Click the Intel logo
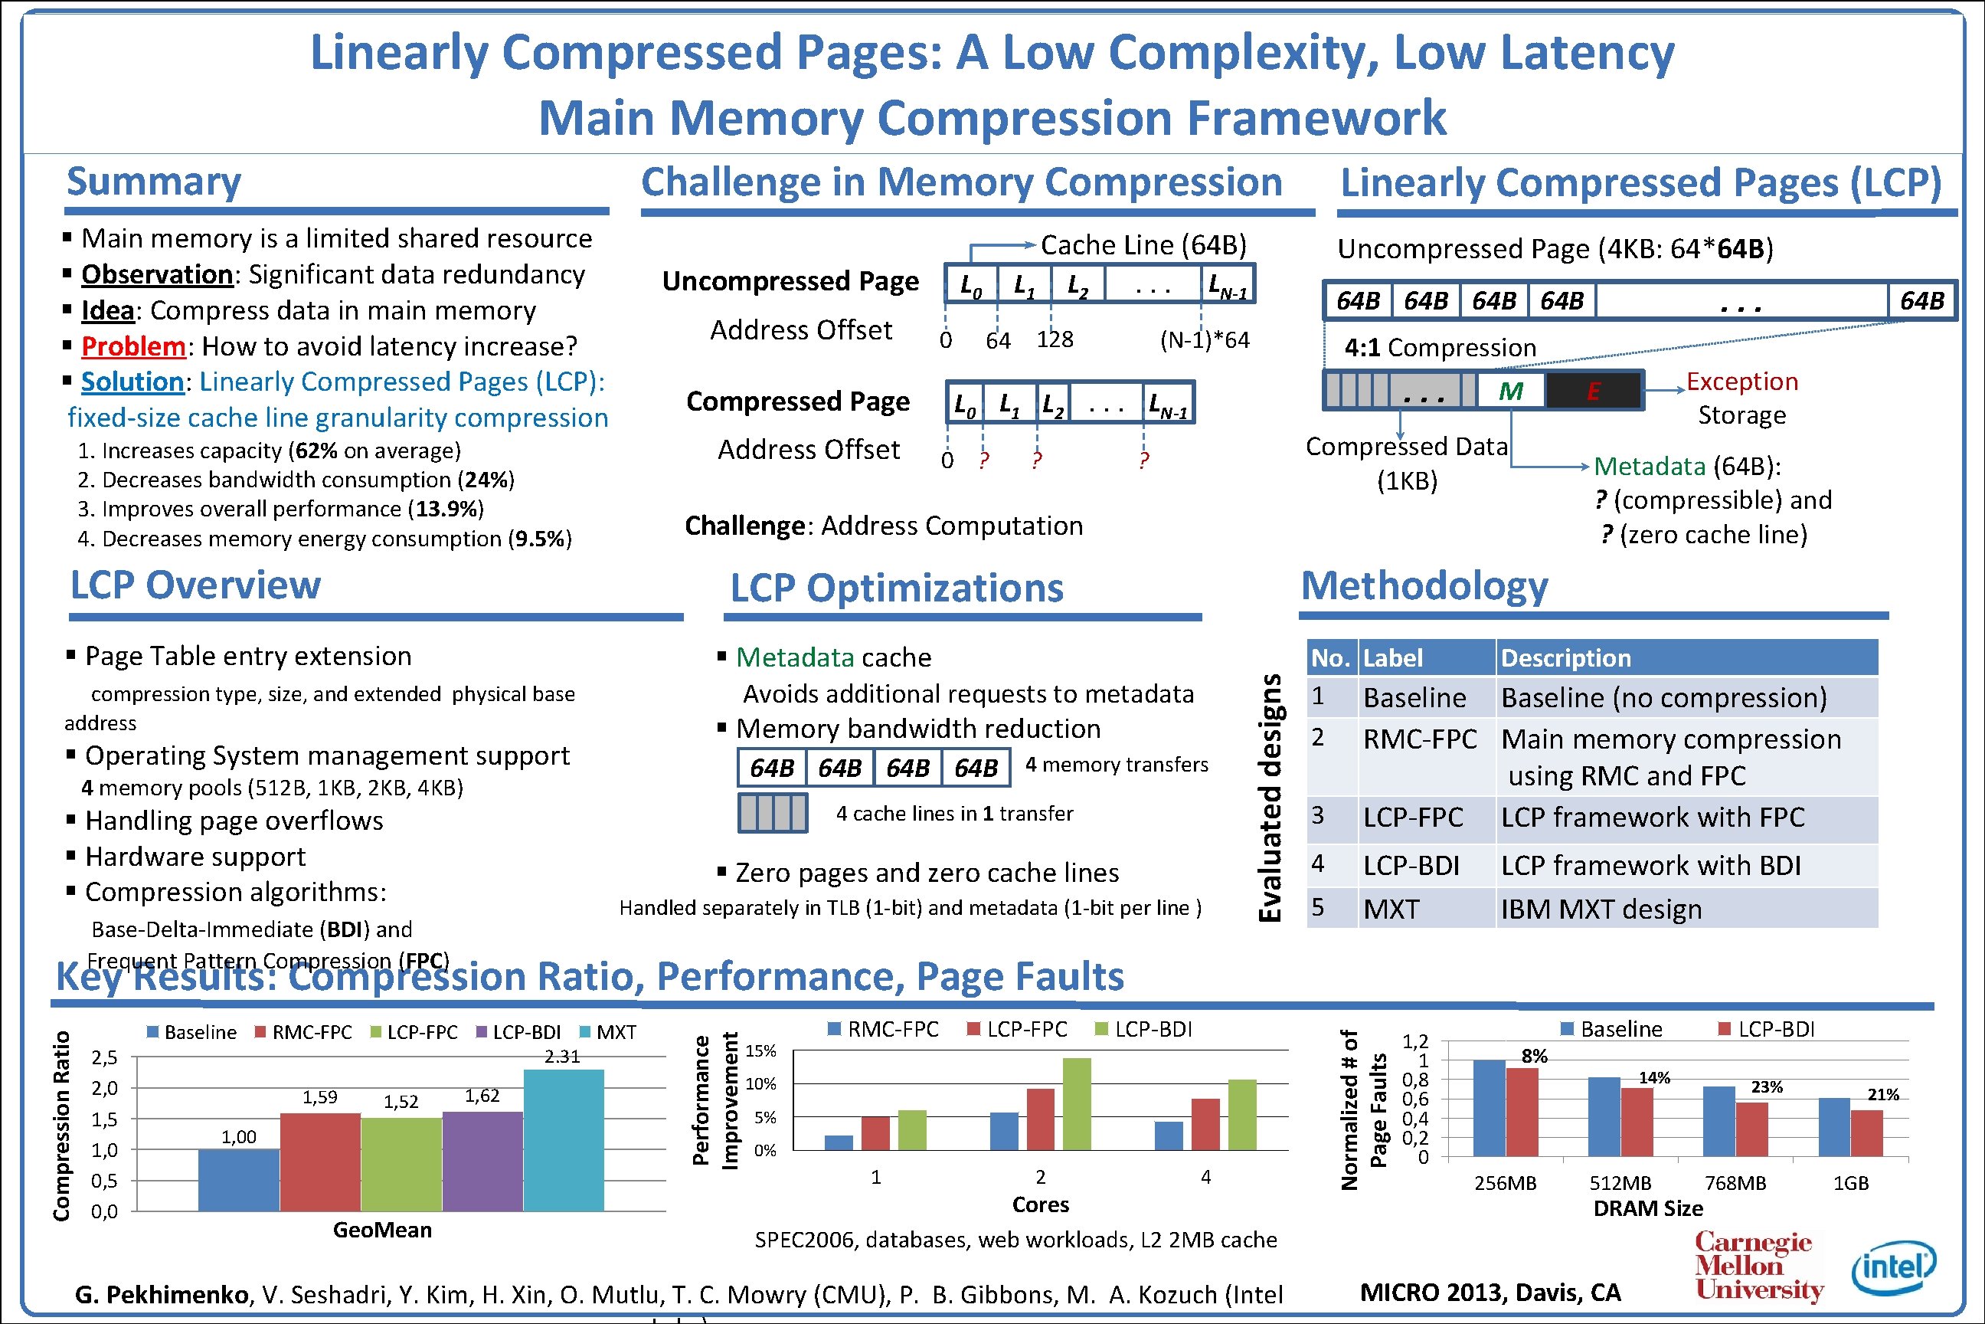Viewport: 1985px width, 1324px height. coord(1893,1267)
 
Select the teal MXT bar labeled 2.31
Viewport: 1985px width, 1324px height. coord(563,1140)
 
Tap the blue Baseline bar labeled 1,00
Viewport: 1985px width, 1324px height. coord(239,1180)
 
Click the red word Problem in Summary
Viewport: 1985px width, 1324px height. coord(133,346)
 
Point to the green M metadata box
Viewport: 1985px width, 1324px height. coord(1511,391)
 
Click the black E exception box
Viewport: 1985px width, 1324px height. coord(1593,391)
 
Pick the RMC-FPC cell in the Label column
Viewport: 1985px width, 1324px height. coord(1421,739)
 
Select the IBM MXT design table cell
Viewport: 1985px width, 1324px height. coord(1601,909)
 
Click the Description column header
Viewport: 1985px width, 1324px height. coord(1565,657)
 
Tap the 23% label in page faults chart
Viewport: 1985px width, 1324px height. coord(1767,1086)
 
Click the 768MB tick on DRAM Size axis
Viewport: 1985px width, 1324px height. coord(1735,1183)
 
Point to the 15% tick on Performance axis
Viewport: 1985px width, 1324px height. coord(760,1051)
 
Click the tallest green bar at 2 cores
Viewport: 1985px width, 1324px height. coord(1077,1103)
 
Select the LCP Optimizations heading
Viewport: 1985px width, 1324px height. coord(896,588)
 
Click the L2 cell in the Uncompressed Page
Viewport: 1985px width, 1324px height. coord(1078,284)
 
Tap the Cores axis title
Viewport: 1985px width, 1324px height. coord(1040,1205)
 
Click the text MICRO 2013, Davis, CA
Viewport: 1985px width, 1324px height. coord(1490,1293)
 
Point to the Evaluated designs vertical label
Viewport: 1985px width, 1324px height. coord(1270,798)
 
